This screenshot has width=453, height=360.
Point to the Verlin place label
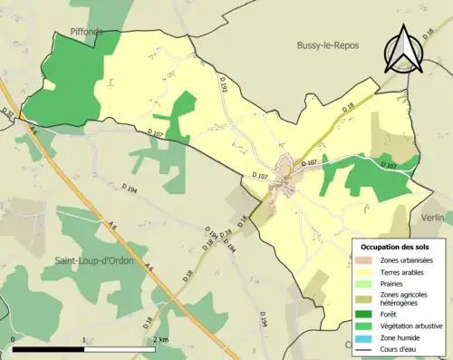436,218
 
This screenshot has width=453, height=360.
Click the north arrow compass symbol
404,49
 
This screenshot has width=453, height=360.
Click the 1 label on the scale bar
84,340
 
